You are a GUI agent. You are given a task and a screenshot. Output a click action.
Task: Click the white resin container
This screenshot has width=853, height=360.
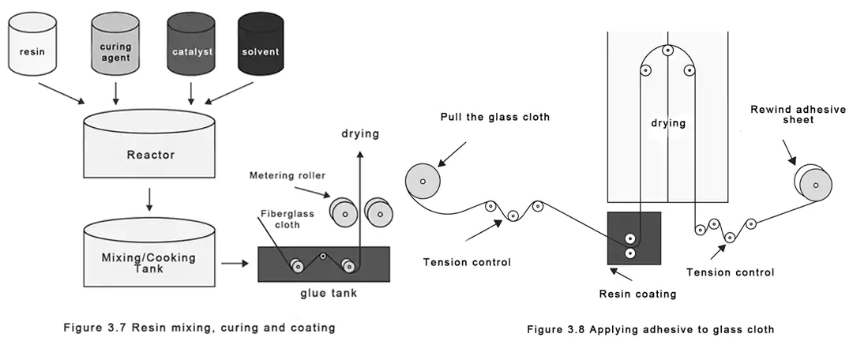pos(41,51)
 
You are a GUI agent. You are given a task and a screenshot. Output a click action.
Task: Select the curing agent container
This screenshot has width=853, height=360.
pos(115,51)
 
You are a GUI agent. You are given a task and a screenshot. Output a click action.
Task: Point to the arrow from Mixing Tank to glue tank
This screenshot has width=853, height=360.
pos(234,263)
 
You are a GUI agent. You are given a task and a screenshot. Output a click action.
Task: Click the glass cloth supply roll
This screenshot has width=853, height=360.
pos(423,182)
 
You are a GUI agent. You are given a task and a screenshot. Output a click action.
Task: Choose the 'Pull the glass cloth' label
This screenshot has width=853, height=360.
pos(494,117)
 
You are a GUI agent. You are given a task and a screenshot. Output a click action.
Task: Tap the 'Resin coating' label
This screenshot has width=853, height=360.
pos(638,294)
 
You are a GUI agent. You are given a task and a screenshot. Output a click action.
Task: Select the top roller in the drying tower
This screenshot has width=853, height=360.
pos(667,51)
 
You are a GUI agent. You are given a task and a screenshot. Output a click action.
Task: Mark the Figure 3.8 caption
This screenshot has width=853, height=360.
pos(650,329)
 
